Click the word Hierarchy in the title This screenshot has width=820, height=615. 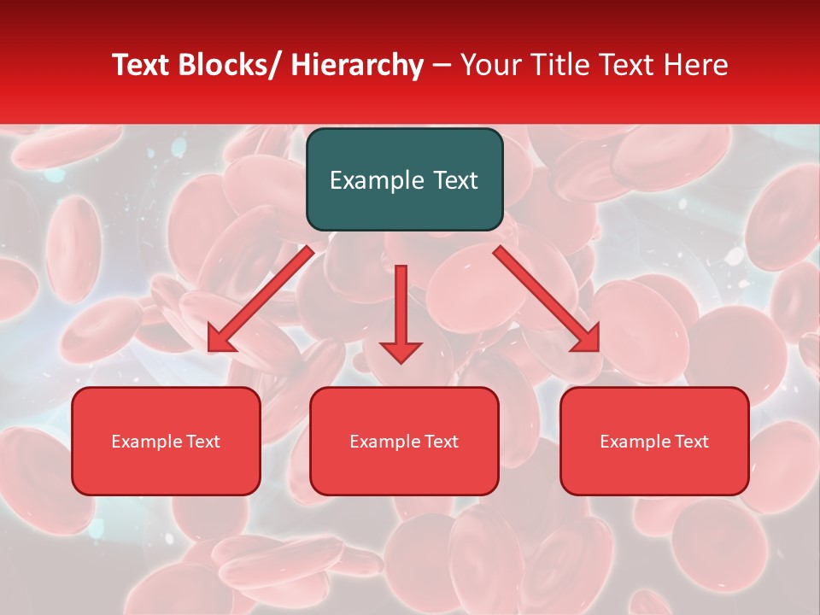click(357, 65)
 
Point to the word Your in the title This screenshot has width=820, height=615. click(490, 65)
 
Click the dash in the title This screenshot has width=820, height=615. click(442, 66)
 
